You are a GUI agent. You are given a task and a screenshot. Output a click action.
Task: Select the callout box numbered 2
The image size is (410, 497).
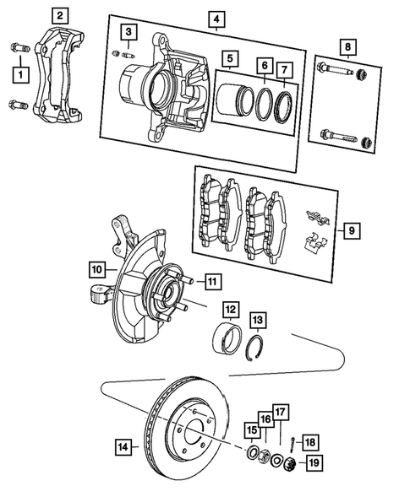click(58, 15)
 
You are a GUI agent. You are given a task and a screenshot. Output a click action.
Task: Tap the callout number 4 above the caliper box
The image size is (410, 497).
click(216, 19)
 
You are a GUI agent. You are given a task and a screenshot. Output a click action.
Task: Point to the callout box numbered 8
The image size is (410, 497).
click(345, 46)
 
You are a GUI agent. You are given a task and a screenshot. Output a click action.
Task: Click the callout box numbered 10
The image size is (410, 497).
click(97, 270)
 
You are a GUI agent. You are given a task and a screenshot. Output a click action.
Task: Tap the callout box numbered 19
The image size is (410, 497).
click(314, 462)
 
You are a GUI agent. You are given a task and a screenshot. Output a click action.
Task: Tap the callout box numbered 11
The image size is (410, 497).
click(211, 281)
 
